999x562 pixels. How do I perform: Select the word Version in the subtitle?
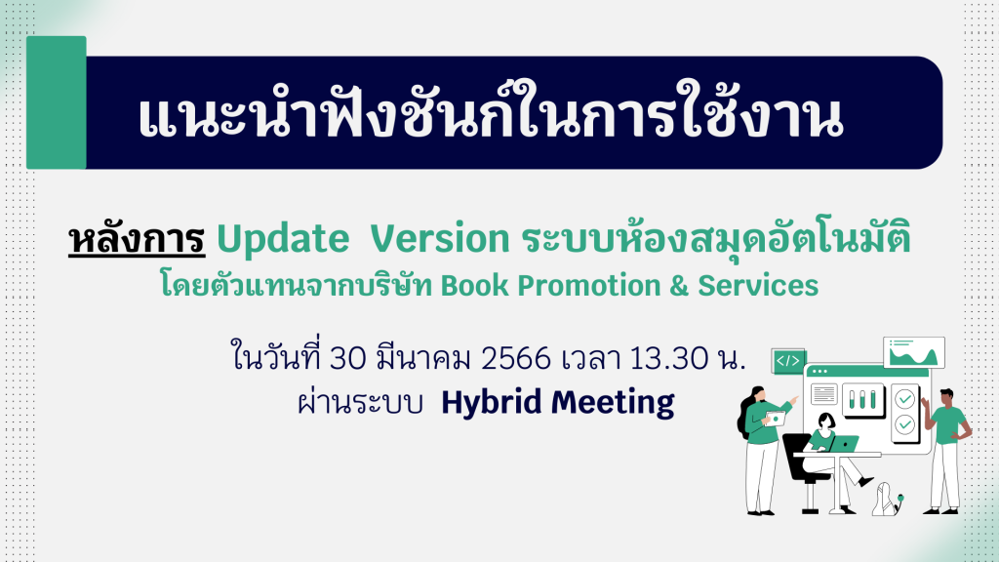440,239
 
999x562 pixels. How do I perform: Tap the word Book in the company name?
475,286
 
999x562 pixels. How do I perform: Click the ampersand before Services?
679,286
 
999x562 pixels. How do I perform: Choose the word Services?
758,286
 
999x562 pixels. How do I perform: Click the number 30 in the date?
348,359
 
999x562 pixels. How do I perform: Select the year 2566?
515,359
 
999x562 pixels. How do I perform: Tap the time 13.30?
669,359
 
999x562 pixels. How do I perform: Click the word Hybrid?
492,403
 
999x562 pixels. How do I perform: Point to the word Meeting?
613,403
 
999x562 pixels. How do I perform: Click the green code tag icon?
788,361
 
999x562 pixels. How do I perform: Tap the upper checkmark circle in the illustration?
904,399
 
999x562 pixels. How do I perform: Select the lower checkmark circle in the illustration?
904,424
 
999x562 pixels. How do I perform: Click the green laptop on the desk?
844,444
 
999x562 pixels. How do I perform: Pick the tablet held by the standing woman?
776,418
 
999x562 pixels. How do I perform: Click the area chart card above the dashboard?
913,352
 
